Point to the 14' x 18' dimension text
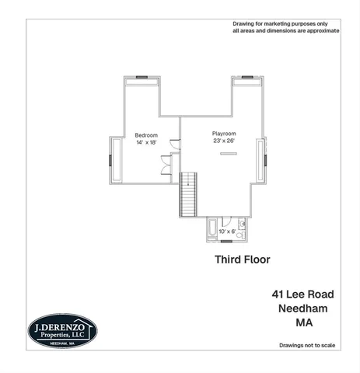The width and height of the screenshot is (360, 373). (x=146, y=142)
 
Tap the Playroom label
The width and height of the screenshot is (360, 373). (x=224, y=134)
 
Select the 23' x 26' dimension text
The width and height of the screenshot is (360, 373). (x=224, y=141)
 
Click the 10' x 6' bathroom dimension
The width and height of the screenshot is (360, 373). (x=225, y=231)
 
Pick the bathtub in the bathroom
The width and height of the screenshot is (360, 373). (x=211, y=230)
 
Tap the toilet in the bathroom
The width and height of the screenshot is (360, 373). (x=241, y=234)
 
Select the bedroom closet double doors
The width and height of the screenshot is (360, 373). (x=166, y=166)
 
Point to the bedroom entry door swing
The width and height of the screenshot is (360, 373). (x=176, y=144)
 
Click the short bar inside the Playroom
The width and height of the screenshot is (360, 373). (x=228, y=153)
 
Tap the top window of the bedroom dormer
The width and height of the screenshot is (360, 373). (x=142, y=77)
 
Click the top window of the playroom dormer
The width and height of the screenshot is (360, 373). (x=246, y=77)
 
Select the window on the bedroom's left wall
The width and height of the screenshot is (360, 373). (x=110, y=161)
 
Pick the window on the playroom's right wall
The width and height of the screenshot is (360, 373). (x=265, y=161)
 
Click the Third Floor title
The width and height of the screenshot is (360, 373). (x=242, y=260)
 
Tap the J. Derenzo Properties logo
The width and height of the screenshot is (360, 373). (x=62, y=331)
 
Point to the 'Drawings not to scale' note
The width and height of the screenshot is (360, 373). (x=308, y=344)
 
